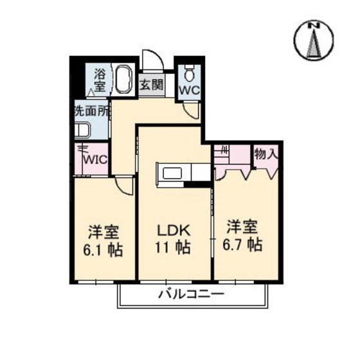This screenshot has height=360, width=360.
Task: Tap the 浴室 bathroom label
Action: [101, 80]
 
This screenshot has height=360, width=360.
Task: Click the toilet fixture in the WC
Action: [189, 71]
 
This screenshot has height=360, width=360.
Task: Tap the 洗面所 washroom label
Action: [91, 111]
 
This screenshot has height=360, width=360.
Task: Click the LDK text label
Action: [172, 230]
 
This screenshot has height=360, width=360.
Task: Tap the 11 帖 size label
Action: [172, 248]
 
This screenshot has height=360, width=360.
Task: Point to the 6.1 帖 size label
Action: [103, 249]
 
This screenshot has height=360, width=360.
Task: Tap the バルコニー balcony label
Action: [191, 295]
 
